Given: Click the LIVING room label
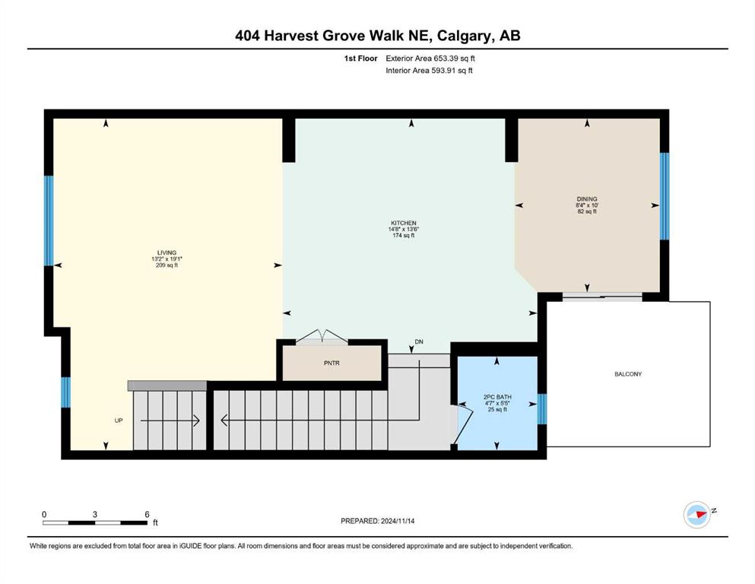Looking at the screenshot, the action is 167,252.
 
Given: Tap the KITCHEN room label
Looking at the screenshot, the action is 404,223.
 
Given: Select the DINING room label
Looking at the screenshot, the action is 587,198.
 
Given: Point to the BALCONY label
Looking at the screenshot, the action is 628,374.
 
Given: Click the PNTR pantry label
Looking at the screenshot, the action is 332,363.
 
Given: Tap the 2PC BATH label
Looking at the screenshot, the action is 497,397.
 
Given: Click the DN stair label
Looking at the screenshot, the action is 419,342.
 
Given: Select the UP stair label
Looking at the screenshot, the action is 119,421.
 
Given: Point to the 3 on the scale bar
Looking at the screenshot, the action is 95,514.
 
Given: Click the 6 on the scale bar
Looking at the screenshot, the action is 147,514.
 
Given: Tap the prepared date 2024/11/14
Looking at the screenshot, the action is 398,521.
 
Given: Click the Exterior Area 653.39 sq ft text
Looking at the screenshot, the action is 430,59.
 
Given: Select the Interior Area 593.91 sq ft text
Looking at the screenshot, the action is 429,70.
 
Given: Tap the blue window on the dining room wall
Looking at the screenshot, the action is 665,196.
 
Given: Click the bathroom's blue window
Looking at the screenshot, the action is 541,409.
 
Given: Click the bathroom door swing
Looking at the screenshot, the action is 461,424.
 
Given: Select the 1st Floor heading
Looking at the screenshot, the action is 360,59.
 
